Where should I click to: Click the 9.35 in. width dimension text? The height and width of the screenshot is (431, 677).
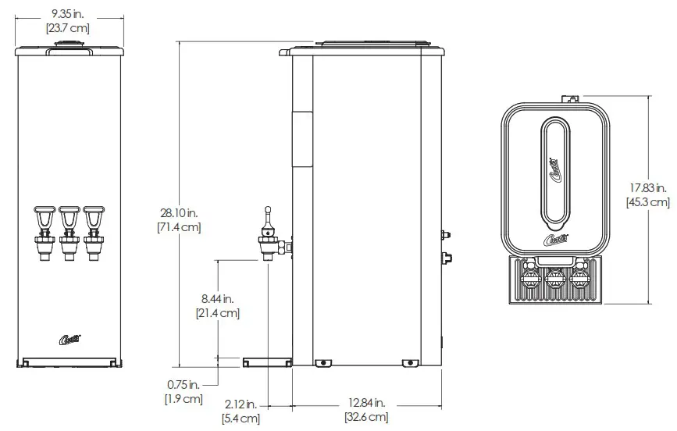[x=69, y=13]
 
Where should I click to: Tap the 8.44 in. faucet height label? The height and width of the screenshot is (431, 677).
[x=217, y=297]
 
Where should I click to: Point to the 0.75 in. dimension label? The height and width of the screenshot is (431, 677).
[x=184, y=384]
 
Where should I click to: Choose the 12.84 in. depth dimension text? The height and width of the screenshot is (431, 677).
[x=366, y=403]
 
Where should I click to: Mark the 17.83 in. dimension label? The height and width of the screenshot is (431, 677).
[x=647, y=187]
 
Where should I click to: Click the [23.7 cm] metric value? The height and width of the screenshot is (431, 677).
[x=69, y=27]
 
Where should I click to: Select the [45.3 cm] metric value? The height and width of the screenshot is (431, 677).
[x=647, y=202]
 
